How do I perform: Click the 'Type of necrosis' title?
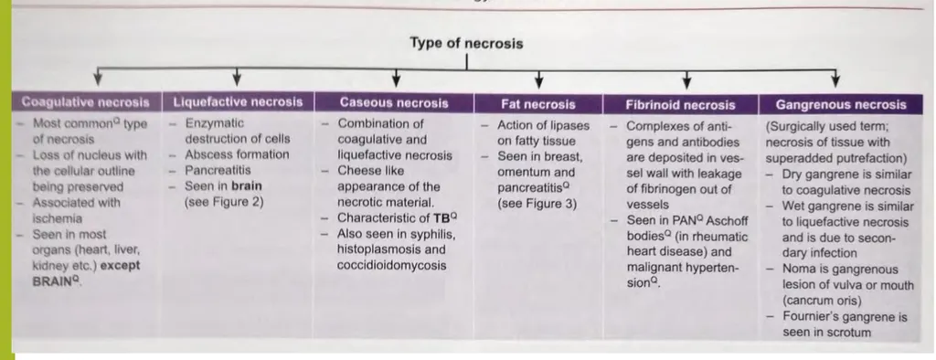click(x=466, y=43)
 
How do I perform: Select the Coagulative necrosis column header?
click(x=85, y=103)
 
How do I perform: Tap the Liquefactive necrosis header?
click(x=237, y=103)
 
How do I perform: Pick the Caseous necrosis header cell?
click(x=394, y=103)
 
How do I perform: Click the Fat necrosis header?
click(x=538, y=104)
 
